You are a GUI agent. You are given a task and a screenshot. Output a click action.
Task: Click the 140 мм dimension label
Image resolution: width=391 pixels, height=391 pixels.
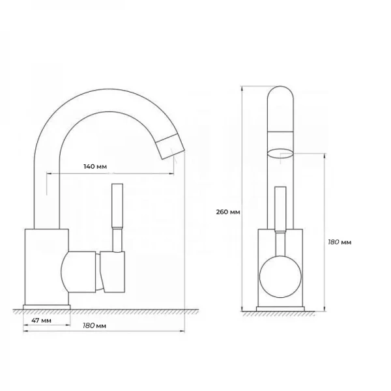point(95,167)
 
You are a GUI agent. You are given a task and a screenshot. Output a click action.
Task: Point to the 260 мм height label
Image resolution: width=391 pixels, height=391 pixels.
point(227,212)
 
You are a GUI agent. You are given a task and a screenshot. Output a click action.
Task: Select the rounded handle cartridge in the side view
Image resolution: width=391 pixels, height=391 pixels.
point(81,272)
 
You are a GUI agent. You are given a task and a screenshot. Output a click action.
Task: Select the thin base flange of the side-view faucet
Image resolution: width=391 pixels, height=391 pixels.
point(47,306)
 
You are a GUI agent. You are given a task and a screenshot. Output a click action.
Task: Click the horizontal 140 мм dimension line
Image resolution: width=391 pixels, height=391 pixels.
point(111,174)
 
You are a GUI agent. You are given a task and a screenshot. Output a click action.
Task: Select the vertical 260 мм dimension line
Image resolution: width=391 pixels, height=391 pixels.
point(242,195)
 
